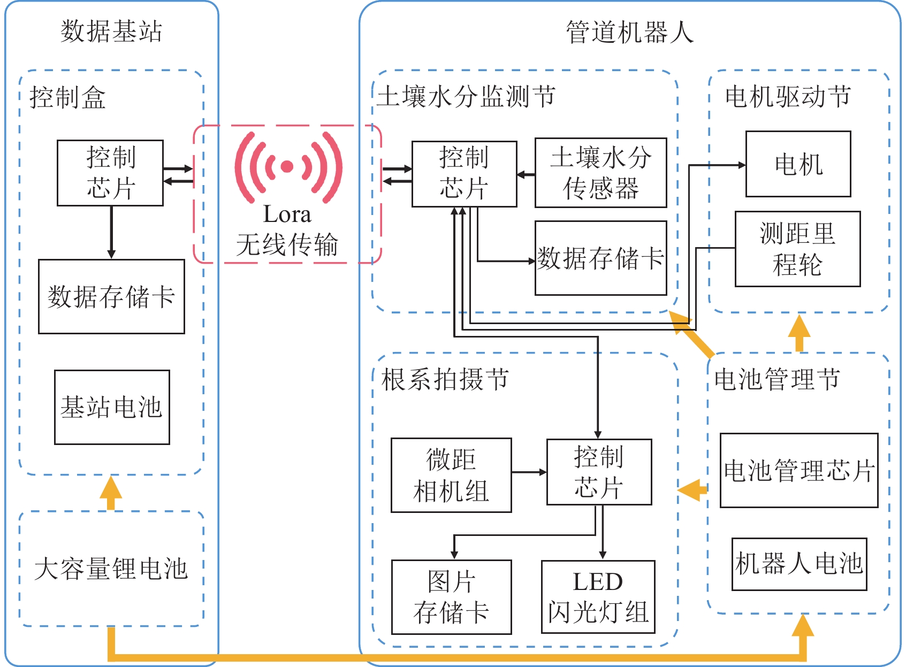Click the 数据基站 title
click(x=111, y=31)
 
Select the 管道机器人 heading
click(x=630, y=32)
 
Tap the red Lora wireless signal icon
click(x=288, y=167)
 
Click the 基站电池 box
click(x=112, y=407)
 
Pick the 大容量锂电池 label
click(x=111, y=569)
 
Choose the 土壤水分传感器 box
click(x=600, y=173)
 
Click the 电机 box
click(x=798, y=164)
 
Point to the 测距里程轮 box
click(x=797, y=249)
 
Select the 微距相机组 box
click(x=451, y=475)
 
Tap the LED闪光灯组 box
click(x=598, y=597)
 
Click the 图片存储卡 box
click(x=451, y=597)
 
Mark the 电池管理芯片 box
click(x=798, y=471)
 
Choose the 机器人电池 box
click(x=799, y=564)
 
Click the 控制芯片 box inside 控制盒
click(x=110, y=173)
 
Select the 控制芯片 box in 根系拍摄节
click(x=599, y=472)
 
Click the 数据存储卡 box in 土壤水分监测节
click(x=600, y=258)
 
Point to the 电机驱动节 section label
click(x=788, y=97)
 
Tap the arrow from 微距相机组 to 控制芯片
click(x=529, y=472)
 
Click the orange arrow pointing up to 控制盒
click(x=111, y=493)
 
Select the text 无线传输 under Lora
click(x=287, y=245)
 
